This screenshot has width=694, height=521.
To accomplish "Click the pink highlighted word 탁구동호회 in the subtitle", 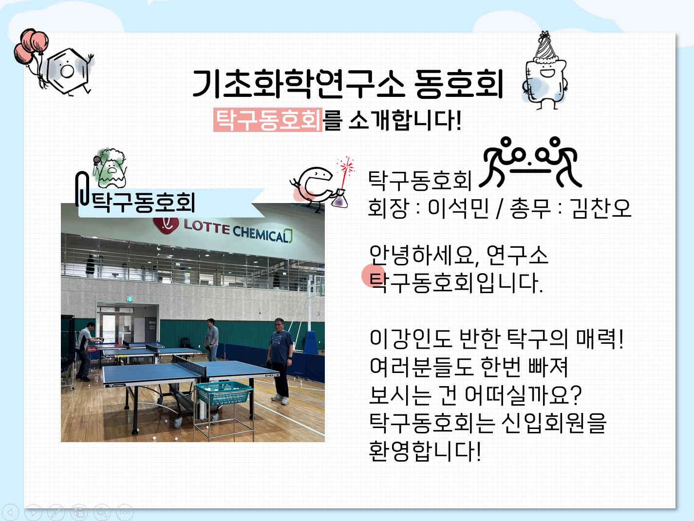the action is (x=267, y=120).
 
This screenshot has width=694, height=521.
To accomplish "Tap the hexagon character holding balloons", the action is (x=67, y=71).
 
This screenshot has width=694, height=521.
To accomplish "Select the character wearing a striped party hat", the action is (x=544, y=72).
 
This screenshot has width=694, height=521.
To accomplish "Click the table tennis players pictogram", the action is (x=530, y=162).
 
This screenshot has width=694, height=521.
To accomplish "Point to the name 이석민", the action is (x=458, y=208).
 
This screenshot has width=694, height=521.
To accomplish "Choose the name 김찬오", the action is (x=601, y=208).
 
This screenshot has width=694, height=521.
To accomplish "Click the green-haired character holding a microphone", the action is (x=110, y=168).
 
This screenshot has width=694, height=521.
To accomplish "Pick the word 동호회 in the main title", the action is (x=459, y=84).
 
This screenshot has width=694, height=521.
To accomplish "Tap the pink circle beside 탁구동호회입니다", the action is (x=373, y=276).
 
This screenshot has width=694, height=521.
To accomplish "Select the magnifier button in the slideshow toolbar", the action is (x=102, y=512).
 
